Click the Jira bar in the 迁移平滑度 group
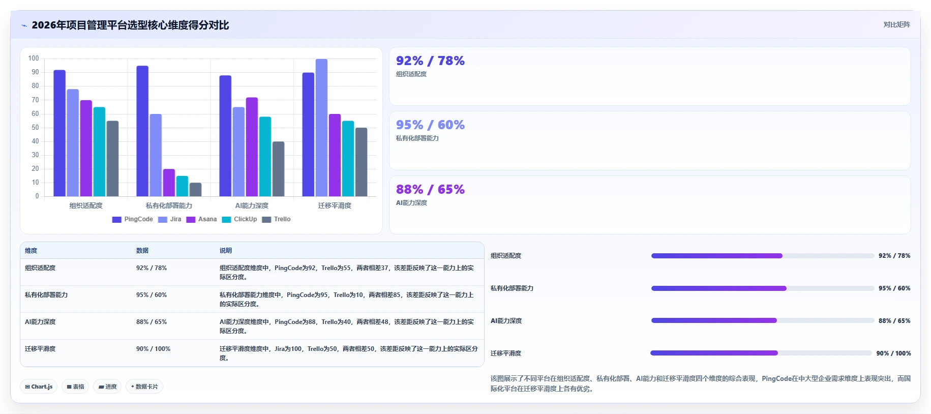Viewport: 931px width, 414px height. tap(321, 128)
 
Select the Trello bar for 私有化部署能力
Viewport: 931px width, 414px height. tap(196, 189)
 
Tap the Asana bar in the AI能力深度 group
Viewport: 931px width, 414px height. tap(252, 147)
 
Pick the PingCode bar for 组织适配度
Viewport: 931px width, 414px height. tap(59, 133)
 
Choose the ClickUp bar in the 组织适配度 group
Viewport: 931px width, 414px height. tap(99, 152)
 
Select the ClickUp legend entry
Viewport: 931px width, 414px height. tap(239, 219)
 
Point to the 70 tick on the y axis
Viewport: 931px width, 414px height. tap(35, 100)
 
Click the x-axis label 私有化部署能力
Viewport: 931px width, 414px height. tap(169, 205)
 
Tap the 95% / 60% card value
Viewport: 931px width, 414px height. tap(430, 125)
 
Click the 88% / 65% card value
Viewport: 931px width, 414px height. tap(430, 190)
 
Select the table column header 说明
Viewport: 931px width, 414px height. tap(226, 251)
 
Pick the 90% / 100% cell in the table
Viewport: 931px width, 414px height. tap(153, 349)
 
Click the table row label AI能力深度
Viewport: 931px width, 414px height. tap(40, 322)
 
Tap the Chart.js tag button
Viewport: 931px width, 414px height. tap(39, 387)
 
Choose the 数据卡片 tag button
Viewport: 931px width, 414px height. tap(144, 387)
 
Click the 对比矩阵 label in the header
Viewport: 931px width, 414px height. tap(896, 24)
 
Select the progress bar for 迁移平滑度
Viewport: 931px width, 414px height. tap(761, 353)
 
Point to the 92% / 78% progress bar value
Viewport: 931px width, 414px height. tap(894, 256)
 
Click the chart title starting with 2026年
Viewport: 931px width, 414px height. tap(130, 25)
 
